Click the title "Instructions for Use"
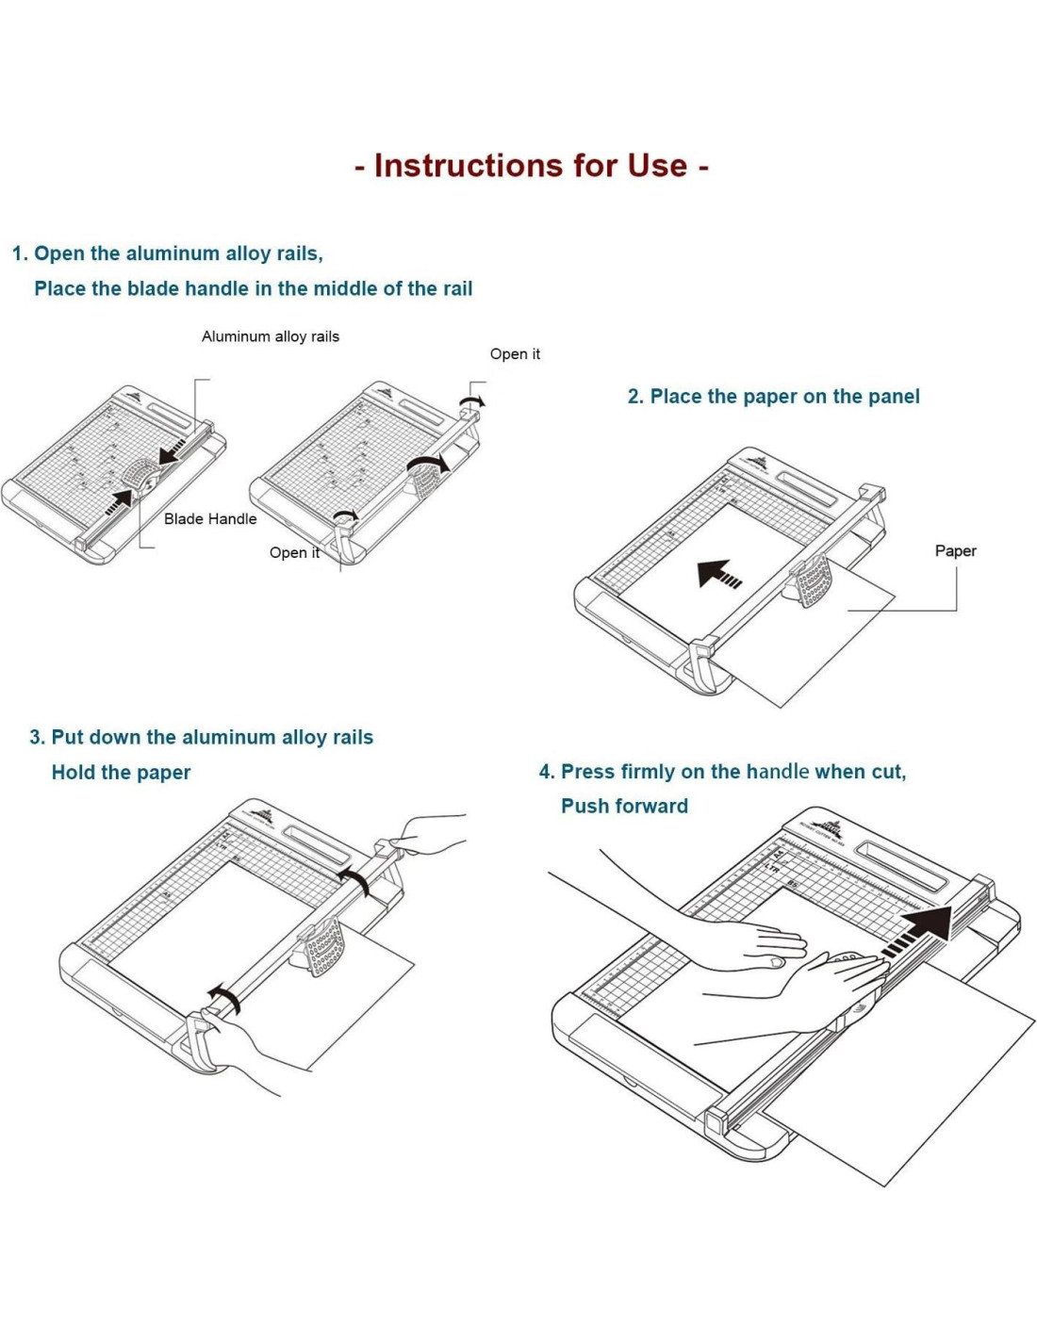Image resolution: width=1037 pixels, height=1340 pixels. (531, 166)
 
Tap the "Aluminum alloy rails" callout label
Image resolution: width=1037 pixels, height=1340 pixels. (270, 336)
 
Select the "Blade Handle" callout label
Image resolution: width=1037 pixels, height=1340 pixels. (210, 518)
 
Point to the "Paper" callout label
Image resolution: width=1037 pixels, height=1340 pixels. (955, 551)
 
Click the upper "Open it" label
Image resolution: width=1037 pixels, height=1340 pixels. (515, 354)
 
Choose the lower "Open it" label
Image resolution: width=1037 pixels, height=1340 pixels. (294, 553)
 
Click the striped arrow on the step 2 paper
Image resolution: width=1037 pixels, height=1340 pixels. (718, 573)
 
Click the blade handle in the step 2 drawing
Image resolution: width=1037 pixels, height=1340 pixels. (813, 580)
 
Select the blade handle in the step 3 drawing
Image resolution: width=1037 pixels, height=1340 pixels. (322, 947)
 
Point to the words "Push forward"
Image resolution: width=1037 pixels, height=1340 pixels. (624, 807)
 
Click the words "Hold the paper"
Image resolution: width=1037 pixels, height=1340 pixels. (121, 773)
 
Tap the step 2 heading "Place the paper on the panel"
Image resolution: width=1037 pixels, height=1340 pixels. (773, 397)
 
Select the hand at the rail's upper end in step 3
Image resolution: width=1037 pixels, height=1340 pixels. (429, 835)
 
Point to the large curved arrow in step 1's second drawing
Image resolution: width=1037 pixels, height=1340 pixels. (428, 463)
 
